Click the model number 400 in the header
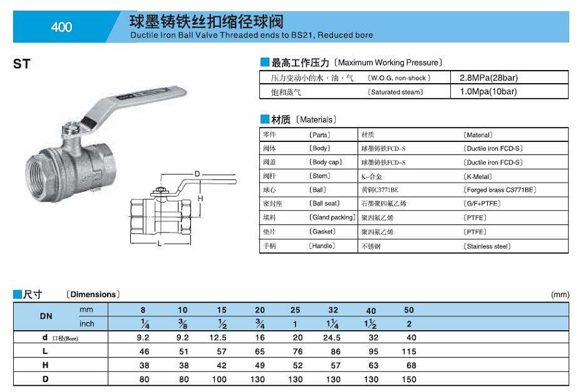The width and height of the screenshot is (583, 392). point(61,27)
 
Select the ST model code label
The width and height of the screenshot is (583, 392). point(21,64)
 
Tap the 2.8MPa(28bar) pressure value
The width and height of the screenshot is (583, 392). point(488,78)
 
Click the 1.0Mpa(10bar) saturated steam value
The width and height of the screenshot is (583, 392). point(488,92)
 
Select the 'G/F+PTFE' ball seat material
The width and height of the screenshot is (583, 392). point(483,204)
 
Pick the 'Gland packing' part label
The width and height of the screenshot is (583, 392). point(332,218)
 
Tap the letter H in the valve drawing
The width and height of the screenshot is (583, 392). point(200,198)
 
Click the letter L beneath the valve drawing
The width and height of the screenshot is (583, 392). point(160,244)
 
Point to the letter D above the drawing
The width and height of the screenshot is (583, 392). point(197,173)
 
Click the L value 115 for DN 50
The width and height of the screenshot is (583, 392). point(409,351)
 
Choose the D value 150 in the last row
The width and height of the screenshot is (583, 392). point(409,379)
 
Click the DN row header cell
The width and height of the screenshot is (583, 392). point(46,316)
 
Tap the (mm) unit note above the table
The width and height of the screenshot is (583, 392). point(560,294)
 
